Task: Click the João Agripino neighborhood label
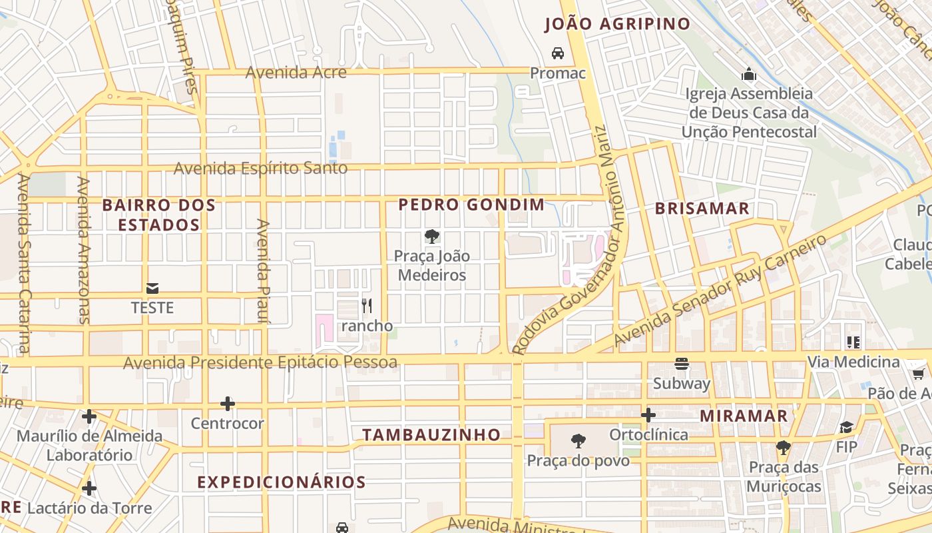coord(617,25)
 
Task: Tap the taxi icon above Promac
coord(558,53)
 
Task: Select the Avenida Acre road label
coord(296,72)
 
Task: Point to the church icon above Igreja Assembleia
coord(749,73)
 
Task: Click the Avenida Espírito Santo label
coord(260,168)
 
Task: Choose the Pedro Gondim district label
coord(471,205)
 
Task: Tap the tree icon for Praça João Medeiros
coord(432,236)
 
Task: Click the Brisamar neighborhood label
coord(702,209)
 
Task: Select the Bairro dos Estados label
coord(159,215)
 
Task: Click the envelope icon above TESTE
coord(152,288)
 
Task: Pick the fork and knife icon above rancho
coord(367,306)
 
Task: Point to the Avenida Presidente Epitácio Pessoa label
coord(260,362)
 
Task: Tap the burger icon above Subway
coord(681,364)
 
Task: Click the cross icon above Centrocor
coord(228,404)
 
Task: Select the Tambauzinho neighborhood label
coord(431,435)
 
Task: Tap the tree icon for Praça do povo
coord(579,440)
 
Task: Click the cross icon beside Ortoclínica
coord(648,416)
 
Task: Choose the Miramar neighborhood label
coord(744,416)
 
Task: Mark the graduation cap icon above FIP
coord(846,427)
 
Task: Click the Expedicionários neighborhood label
coord(282,482)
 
